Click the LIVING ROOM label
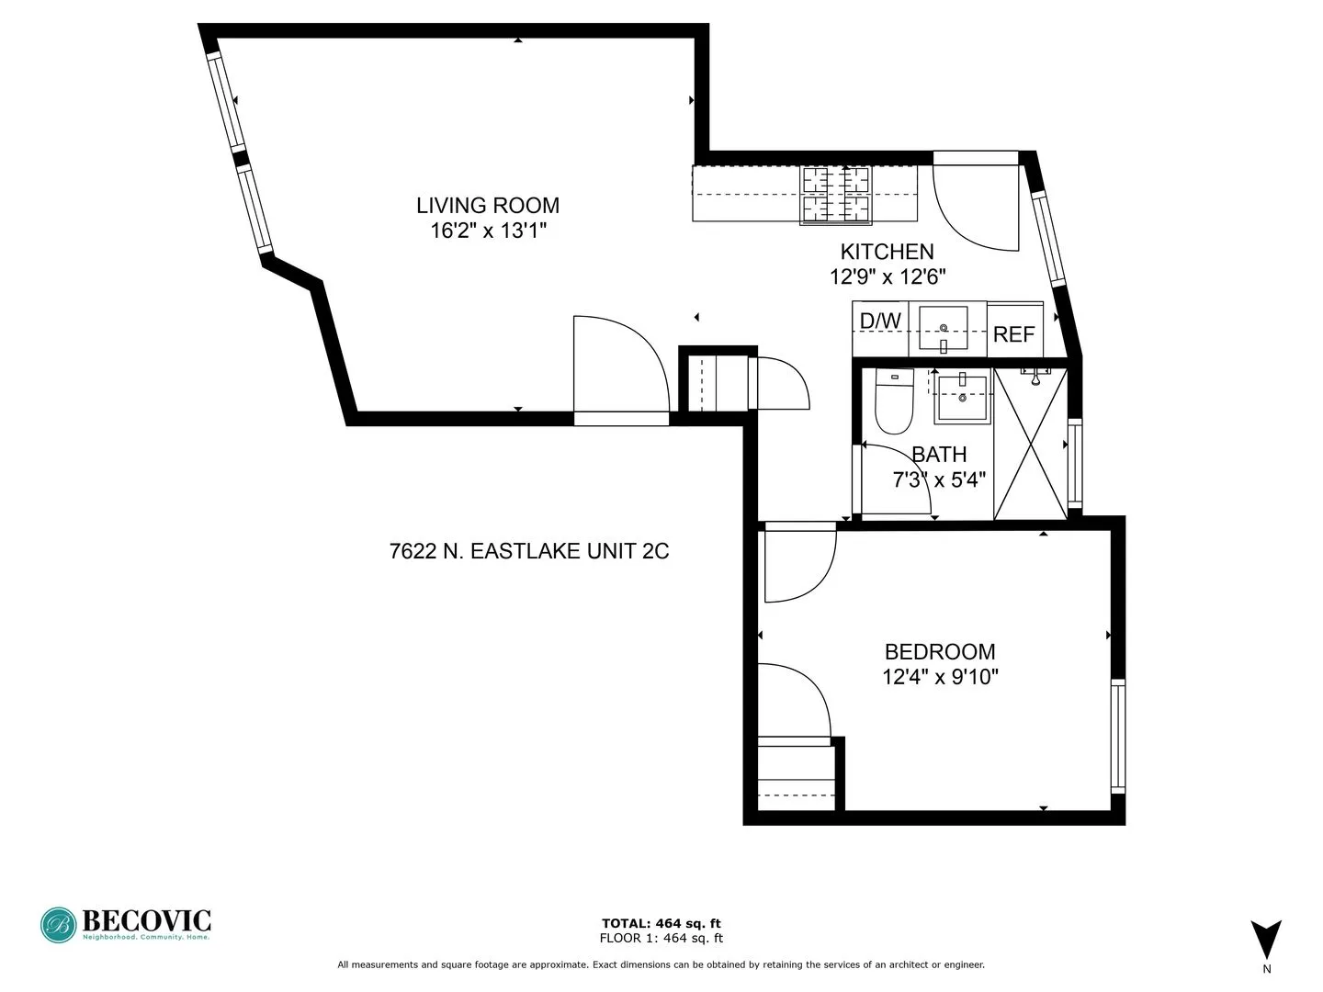[488, 206]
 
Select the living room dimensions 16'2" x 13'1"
[488, 231]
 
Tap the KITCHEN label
[887, 252]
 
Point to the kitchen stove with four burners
[836, 195]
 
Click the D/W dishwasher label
[880, 321]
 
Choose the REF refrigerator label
[1014, 334]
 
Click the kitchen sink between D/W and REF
[944, 329]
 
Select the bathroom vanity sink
[962, 399]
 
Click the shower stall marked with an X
[1031, 444]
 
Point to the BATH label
[939, 455]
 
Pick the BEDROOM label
[940, 652]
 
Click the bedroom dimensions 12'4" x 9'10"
[940, 678]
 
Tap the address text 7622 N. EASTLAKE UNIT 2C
[529, 552]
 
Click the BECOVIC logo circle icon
[58, 925]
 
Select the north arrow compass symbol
[1266, 940]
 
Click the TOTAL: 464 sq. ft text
[661, 924]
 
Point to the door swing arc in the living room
[620, 367]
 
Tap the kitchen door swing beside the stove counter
[974, 207]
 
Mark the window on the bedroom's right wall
[1117, 736]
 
